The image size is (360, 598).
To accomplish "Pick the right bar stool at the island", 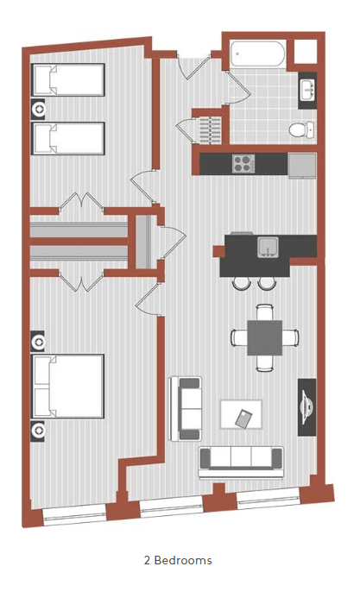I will tap(267, 282).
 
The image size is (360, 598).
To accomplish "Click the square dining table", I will tap(265, 337).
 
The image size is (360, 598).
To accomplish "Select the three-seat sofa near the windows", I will tap(241, 461).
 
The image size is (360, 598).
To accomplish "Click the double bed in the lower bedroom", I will tap(68, 386).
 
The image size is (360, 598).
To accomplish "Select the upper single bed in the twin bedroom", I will tap(68, 80).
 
